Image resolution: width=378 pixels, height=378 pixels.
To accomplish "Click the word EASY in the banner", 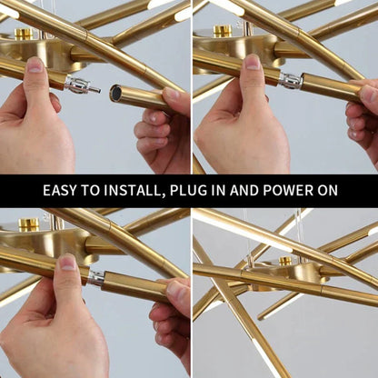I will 62,191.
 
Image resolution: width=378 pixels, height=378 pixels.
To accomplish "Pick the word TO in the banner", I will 95,191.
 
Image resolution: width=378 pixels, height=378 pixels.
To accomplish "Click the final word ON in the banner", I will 327,191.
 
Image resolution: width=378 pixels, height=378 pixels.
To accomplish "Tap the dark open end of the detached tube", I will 115,93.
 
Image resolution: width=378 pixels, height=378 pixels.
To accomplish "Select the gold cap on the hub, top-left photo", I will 24,34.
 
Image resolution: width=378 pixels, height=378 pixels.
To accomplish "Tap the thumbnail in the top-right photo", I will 253,62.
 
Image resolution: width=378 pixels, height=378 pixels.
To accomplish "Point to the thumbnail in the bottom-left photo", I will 67,262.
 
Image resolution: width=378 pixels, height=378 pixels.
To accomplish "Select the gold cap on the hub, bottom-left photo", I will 29,224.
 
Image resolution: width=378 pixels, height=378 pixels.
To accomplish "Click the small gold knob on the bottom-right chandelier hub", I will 285,261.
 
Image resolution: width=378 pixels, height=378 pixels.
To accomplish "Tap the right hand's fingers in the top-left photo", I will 154,127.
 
